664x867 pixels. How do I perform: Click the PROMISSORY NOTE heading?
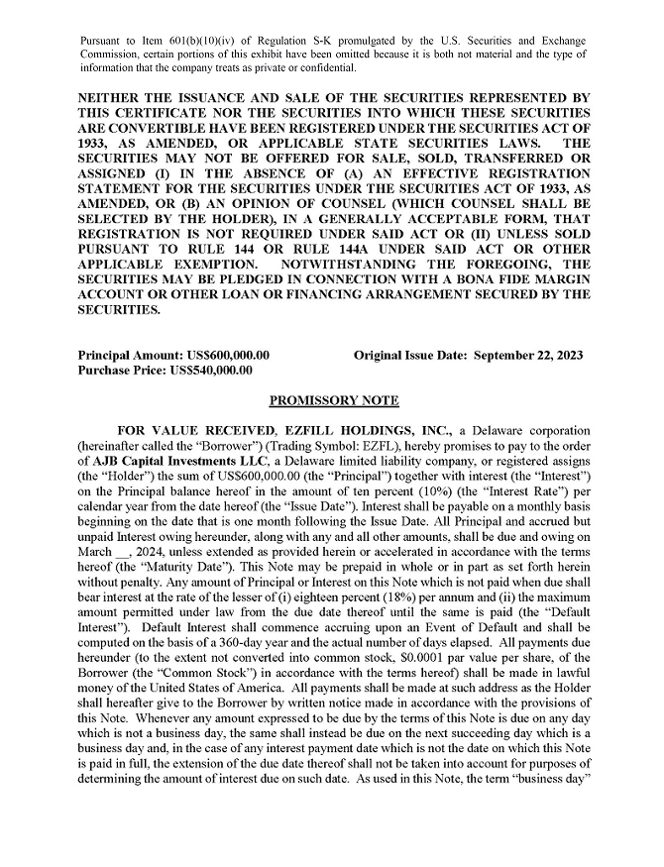point(333,401)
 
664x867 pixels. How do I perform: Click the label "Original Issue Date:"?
point(409,355)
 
